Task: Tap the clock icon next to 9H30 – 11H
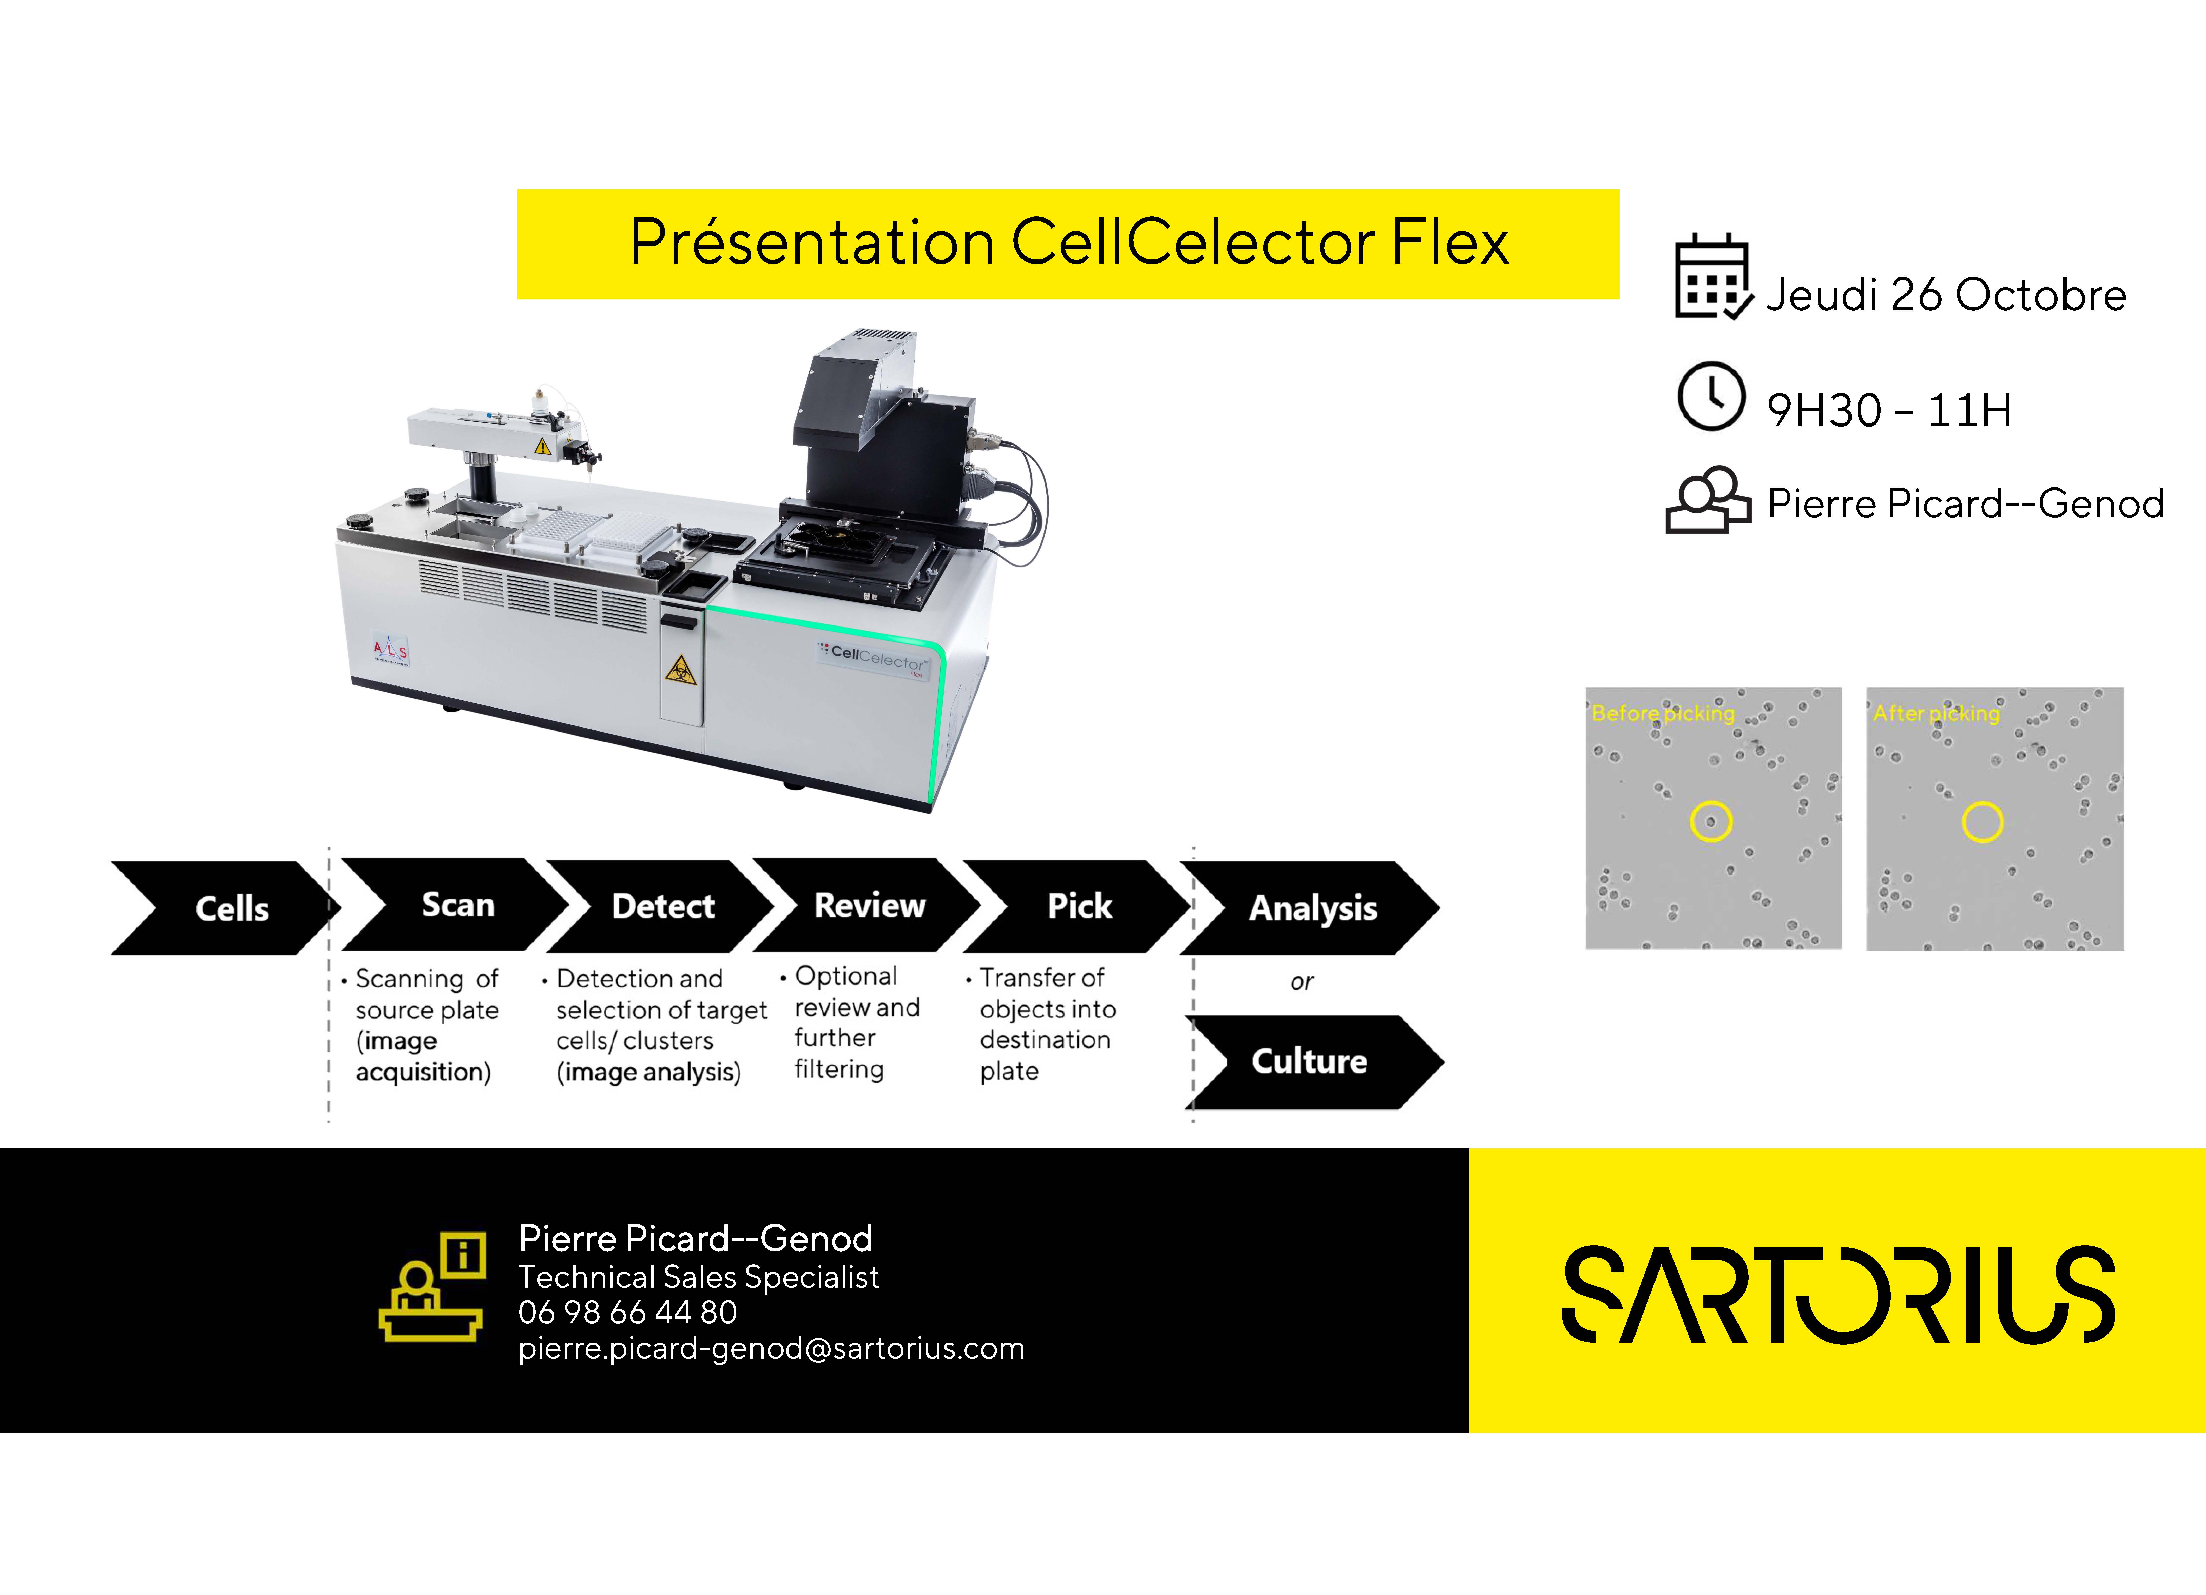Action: point(1711,396)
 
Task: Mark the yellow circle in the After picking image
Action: point(1982,822)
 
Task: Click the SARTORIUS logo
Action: point(1838,1295)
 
